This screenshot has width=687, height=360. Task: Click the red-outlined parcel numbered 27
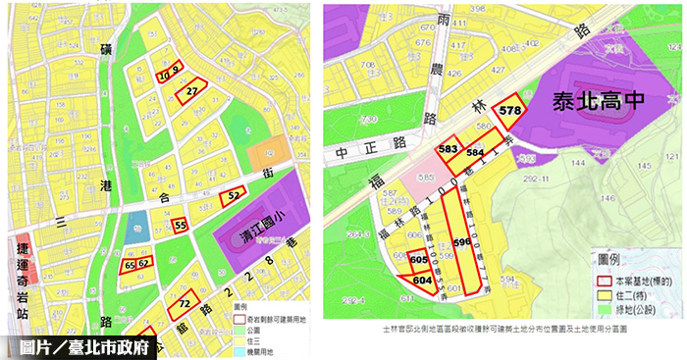(192, 89)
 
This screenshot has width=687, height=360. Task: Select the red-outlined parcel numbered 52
(233, 196)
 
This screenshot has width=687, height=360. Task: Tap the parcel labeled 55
(180, 226)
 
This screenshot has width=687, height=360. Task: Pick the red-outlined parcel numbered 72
(185, 305)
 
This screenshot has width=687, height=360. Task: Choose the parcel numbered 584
(475, 154)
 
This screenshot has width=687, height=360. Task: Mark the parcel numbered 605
(419, 260)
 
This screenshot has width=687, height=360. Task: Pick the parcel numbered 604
(422, 280)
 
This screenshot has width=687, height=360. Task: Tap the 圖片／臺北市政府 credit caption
(79, 345)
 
